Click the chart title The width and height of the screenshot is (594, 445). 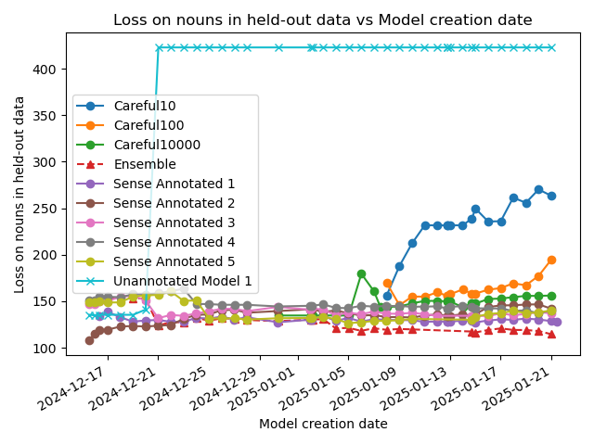(322, 20)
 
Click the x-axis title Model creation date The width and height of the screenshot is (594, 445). (322, 424)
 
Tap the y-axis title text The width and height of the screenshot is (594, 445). (19, 194)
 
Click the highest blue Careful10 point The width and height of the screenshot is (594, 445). (538, 189)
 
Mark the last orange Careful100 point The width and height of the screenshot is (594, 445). (551, 260)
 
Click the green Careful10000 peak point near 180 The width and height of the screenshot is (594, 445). (361, 273)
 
